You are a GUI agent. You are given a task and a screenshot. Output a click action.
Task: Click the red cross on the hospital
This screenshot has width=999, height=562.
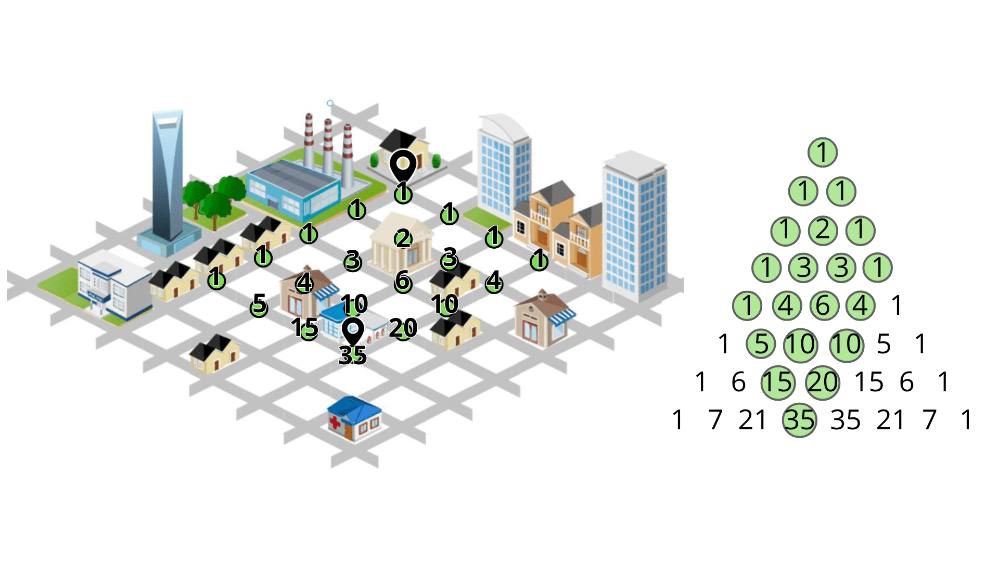point(335,422)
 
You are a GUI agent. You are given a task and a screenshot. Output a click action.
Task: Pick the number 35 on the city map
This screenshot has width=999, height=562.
point(353,355)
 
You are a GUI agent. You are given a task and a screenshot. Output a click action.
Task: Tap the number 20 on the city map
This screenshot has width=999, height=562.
point(403,328)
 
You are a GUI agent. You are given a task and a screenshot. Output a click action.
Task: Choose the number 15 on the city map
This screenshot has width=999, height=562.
point(305,328)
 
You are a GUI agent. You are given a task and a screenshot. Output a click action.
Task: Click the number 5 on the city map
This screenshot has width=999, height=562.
point(259,304)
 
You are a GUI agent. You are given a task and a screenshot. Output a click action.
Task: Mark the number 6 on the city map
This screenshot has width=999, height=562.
point(403,281)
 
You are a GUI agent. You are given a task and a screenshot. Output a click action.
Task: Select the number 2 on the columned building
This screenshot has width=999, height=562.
point(403,239)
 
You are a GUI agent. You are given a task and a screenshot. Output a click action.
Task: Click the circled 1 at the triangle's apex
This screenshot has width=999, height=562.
point(823,152)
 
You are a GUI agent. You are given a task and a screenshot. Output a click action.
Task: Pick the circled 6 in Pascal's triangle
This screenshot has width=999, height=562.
point(824,305)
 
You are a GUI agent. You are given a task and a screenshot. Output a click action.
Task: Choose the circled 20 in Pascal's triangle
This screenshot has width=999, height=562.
point(823,382)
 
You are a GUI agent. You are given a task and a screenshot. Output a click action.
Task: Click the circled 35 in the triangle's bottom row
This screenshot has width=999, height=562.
point(799,420)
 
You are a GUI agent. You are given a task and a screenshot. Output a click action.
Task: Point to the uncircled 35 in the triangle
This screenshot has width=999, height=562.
point(845,420)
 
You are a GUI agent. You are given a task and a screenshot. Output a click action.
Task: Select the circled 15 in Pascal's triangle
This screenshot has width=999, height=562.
point(778,382)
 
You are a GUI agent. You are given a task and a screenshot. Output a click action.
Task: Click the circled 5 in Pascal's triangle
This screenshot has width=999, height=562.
point(761,344)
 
